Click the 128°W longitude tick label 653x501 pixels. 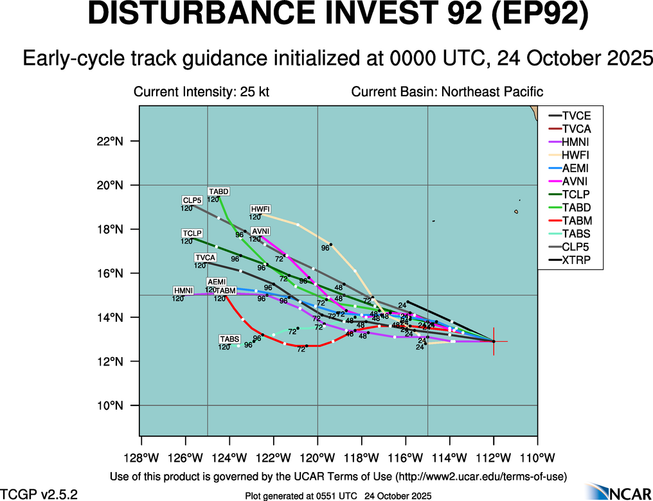point(141,457)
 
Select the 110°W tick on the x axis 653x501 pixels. point(537,457)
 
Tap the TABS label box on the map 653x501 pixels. point(229,339)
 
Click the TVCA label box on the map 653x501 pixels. point(205,258)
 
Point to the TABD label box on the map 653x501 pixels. point(219,191)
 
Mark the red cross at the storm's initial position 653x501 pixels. point(494,341)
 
